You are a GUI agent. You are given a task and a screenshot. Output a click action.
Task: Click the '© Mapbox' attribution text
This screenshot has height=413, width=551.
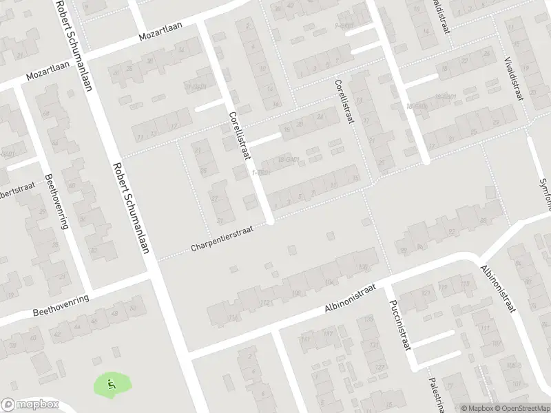click(476, 408)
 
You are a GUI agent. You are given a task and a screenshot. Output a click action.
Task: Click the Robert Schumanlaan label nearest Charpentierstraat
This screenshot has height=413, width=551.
click(131, 206)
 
